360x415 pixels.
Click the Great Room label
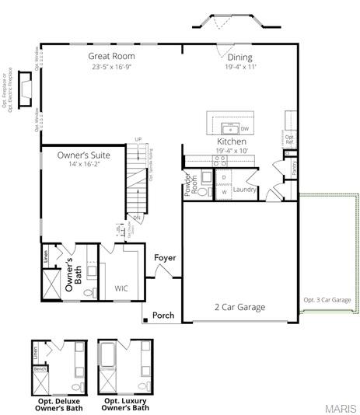pyautogui.click(x=112, y=56)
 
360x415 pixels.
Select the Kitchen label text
pyautogui.click(x=232, y=142)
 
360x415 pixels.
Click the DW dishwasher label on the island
pyautogui.click(x=245, y=129)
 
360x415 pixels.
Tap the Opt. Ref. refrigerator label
pyautogui.click(x=289, y=141)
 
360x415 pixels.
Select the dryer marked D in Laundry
pyautogui.click(x=223, y=178)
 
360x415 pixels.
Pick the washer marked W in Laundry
pyautogui.click(x=223, y=191)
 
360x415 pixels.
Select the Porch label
pyautogui.click(x=163, y=316)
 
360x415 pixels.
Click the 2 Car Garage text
pyautogui.click(x=239, y=307)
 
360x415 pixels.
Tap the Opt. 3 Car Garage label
pyautogui.click(x=326, y=299)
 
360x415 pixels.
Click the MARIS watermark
pyautogui.click(x=341, y=407)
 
